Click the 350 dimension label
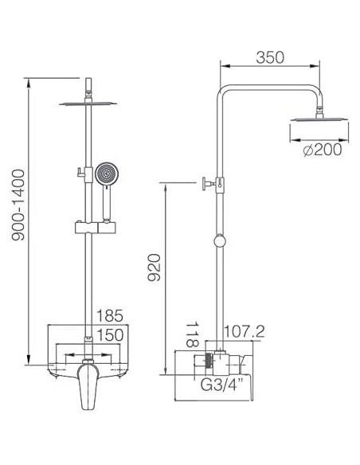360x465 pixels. coord(272,58)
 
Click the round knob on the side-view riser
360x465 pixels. coord(219,241)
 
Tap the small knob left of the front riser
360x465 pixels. coord(78,172)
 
